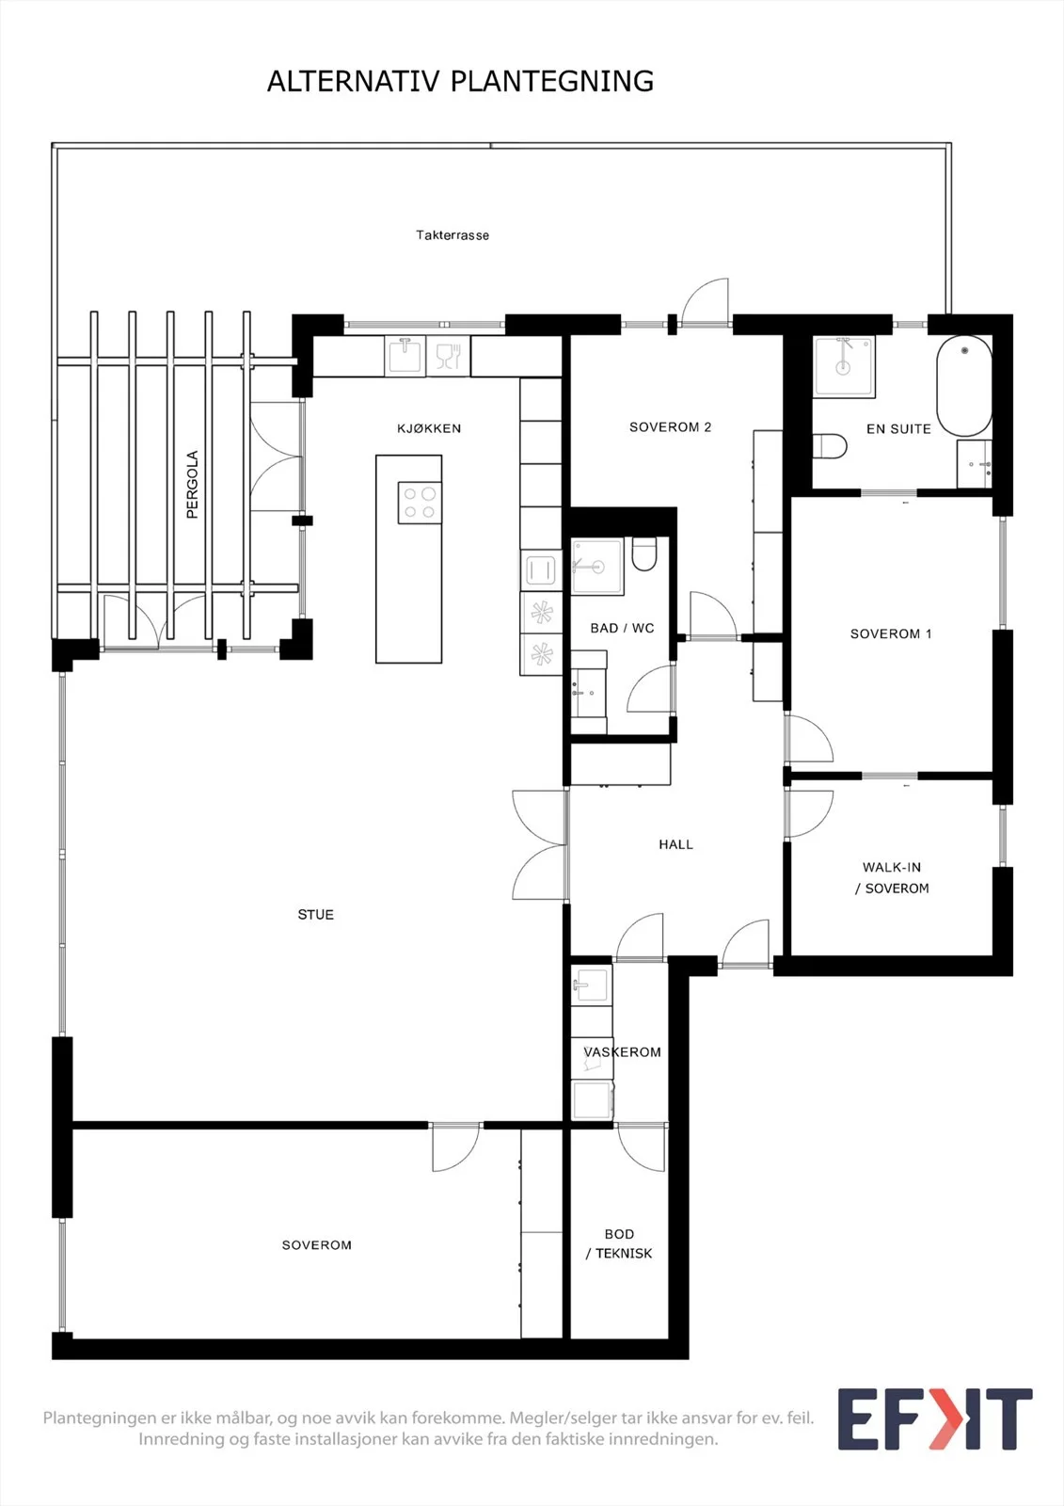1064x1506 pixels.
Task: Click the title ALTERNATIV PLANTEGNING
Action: pyautogui.click(x=460, y=81)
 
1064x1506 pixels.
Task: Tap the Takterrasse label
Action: pyautogui.click(x=453, y=235)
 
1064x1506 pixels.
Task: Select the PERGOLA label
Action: pyautogui.click(x=192, y=484)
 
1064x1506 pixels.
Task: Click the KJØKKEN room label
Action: pyautogui.click(x=429, y=428)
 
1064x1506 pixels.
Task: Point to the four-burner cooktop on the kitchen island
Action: pyautogui.click(x=421, y=503)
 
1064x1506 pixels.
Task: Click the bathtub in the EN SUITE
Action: pyautogui.click(x=964, y=386)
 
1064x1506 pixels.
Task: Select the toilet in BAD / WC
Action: pyautogui.click(x=643, y=554)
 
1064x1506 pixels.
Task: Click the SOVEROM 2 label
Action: pyautogui.click(x=670, y=427)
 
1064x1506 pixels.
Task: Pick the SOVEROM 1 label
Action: pyautogui.click(x=891, y=633)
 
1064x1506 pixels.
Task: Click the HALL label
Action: pyautogui.click(x=675, y=844)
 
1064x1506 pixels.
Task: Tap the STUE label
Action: pyautogui.click(x=316, y=914)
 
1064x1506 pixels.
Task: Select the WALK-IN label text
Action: pyautogui.click(x=892, y=867)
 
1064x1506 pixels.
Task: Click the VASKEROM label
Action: pyautogui.click(x=623, y=1052)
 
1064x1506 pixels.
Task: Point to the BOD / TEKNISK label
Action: pyautogui.click(x=619, y=1243)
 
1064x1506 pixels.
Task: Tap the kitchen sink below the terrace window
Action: pyautogui.click(x=405, y=356)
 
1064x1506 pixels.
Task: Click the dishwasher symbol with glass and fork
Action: pyautogui.click(x=449, y=356)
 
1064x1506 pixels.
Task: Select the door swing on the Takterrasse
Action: pyautogui.click(x=705, y=301)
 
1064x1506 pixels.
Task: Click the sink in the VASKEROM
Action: pyautogui.click(x=591, y=985)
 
